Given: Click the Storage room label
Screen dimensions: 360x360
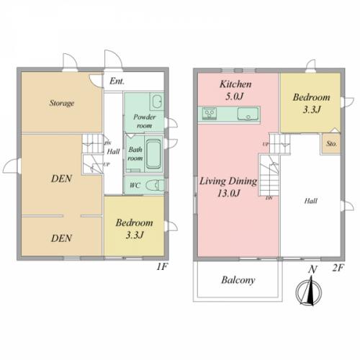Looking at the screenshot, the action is [x=62, y=103].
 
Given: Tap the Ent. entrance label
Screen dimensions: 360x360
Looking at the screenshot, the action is [x=117, y=81].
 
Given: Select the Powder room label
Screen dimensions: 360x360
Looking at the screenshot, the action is [x=144, y=121].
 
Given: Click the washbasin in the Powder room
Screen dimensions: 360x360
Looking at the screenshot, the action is [x=157, y=102].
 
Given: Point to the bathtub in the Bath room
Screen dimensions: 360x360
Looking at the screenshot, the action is [x=153, y=154].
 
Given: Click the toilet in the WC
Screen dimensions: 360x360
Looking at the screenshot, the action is [x=155, y=185].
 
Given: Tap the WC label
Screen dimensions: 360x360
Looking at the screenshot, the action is [x=135, y=185].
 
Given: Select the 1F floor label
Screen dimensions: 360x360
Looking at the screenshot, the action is [x=162, y=267].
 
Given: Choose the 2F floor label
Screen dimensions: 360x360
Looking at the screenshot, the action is [x=338, y=268].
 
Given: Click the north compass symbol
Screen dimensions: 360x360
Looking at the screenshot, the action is [x=309, y=290].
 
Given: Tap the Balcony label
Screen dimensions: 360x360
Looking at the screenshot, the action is [x=238, y=280].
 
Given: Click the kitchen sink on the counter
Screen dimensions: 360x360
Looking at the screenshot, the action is [x=248, y=114].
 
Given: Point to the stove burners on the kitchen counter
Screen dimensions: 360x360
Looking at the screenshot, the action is [x=210, y=113].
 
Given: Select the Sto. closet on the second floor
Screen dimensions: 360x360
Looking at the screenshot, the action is [x=331, y=143].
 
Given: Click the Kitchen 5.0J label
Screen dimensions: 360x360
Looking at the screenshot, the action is [x=235, y=90].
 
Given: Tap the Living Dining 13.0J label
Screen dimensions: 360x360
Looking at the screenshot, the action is [x=228, y=187].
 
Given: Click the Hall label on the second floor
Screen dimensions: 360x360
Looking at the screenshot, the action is [x=311, y=201].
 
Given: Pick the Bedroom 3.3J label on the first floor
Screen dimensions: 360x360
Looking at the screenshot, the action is [x=134, y=229].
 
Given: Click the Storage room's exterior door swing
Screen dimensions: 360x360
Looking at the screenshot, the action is [x=70, y=61].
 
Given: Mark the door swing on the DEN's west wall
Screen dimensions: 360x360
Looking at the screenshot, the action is [x=11, y=166].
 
